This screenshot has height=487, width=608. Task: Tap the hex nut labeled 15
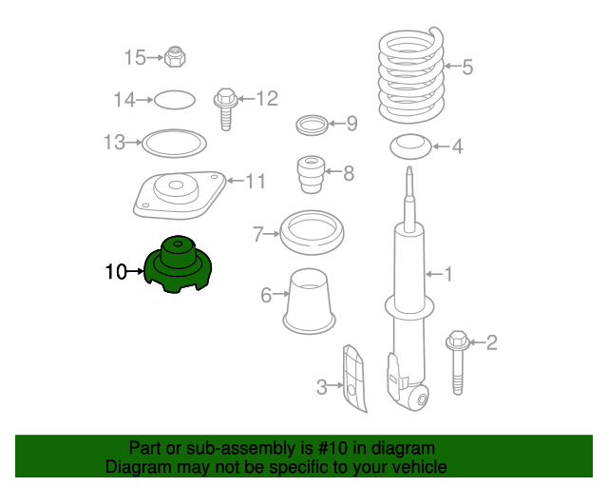point(175,57)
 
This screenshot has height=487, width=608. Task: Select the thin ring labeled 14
point(175,100)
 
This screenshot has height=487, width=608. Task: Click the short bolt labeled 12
point(226,109)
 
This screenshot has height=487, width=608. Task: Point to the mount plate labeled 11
point(179,195)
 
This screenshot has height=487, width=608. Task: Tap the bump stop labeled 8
point(311,174)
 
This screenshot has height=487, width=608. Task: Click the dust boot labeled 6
point(310,301)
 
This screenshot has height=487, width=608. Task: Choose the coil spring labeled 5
point(411,76)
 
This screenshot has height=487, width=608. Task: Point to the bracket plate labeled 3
point(354,379)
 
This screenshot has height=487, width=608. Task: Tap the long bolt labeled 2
point(458,362)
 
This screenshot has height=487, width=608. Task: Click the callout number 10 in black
point(116,271)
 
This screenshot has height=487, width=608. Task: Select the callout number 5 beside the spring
point(467,67)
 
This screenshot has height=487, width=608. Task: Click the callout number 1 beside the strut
point(448,274)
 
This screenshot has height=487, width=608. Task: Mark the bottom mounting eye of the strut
point(420,399)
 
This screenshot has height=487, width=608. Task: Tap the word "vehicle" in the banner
point(424,466)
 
